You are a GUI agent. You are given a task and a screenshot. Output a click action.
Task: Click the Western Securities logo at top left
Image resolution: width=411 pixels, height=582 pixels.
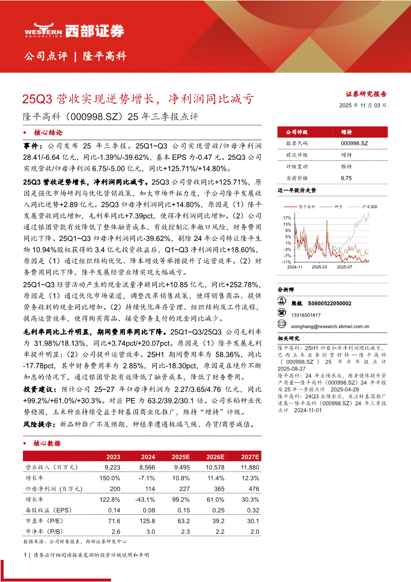coord(74,31)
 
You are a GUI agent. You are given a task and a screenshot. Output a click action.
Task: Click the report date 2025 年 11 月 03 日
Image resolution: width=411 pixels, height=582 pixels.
coord(363,106)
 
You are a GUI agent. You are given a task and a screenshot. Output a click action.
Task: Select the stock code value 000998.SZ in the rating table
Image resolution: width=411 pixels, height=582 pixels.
coord(354,143)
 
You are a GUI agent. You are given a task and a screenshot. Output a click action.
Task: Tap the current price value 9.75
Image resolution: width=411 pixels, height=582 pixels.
coord(346,178)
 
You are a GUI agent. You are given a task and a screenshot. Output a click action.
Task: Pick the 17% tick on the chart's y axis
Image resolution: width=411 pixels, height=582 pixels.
coord(287,218)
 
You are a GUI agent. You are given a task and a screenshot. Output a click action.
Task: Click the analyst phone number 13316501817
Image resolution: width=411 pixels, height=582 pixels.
coord(306,315)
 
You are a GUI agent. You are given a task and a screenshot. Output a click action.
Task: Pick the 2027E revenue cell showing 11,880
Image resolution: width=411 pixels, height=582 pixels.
coord(249,467)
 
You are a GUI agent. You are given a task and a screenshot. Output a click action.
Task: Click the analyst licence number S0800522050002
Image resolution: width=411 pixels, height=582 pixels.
coord(329,303)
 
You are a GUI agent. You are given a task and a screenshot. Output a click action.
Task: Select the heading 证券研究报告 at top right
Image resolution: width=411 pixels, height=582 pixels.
coord(366,94)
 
